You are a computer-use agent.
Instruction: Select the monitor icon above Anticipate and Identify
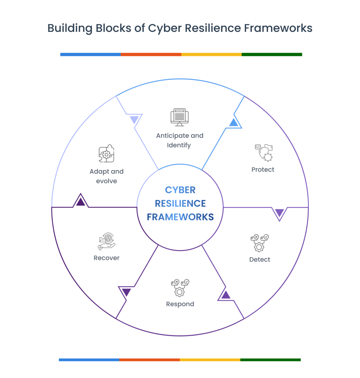179,117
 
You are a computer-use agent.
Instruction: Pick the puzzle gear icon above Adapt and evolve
106,154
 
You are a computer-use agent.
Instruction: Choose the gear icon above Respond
180,288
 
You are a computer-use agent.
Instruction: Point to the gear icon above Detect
260,243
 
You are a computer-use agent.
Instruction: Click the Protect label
263,170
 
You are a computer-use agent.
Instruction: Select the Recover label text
106,258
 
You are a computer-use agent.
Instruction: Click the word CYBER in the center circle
180,190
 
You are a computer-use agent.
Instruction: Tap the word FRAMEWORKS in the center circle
180,217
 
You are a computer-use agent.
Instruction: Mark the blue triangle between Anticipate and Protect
234,122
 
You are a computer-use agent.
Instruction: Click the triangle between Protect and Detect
279,213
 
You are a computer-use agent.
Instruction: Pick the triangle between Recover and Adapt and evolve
81,202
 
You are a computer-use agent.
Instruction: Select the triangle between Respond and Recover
126,292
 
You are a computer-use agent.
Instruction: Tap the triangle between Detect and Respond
225,295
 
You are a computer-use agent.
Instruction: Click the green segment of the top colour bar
272,54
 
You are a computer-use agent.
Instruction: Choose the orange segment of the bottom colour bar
150,359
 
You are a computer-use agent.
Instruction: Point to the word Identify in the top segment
179,145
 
